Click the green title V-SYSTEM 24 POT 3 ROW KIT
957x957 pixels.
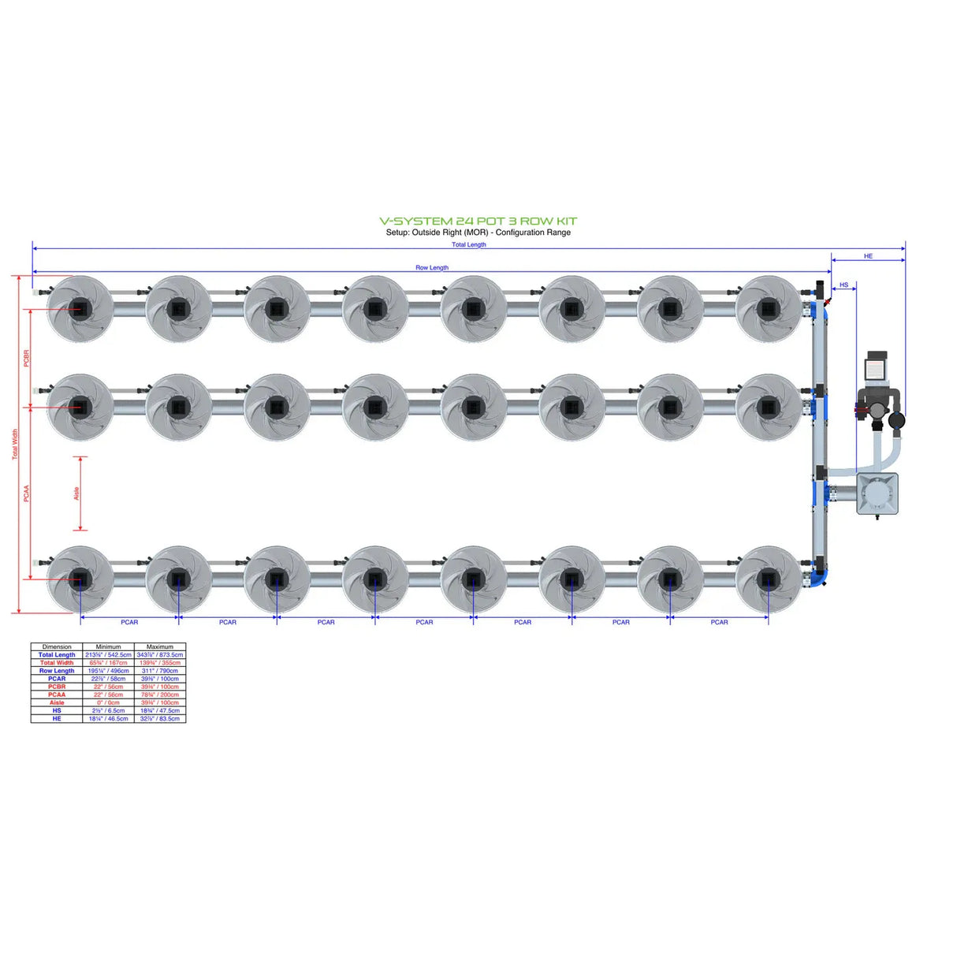click(x=478, y=222)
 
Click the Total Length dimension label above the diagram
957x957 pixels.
click(x=468, y=244)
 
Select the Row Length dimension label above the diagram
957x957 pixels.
click(x=432, y=267)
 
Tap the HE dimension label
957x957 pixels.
click(x=868, y=256)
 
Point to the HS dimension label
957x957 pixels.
click(x=843, y=285)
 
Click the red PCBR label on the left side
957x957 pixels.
click(x=26, y=358)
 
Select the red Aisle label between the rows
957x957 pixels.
click(x=76, y=493)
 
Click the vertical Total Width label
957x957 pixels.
click(x=14, y=445)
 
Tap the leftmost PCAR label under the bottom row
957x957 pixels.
click(x=129, y=622)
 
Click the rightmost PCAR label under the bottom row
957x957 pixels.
click(x=719, y=622)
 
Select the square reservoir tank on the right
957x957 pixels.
click(x=877, y=493)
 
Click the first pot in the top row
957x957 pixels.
click(x=80, y=309)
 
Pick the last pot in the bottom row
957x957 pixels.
click(x=768, y=580)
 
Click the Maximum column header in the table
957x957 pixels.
click(x=160, y=646)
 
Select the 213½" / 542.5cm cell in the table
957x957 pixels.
click(x=108, y=654)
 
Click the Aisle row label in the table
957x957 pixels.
click(x=57, y=702)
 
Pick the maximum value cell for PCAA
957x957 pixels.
click(x=160, y=694)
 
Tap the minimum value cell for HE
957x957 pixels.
click(x=108, y=718)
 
